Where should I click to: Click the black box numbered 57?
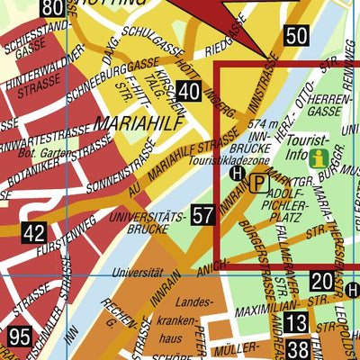click(x=203, y=215)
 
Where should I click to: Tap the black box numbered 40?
click(x=188, y=91)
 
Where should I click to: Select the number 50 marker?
click(x=296, y=36)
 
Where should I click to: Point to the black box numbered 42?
click(x=34, y=234)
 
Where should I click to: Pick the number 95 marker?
click(x=20, y=337)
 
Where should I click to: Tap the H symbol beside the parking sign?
click(x=238, y=174)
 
